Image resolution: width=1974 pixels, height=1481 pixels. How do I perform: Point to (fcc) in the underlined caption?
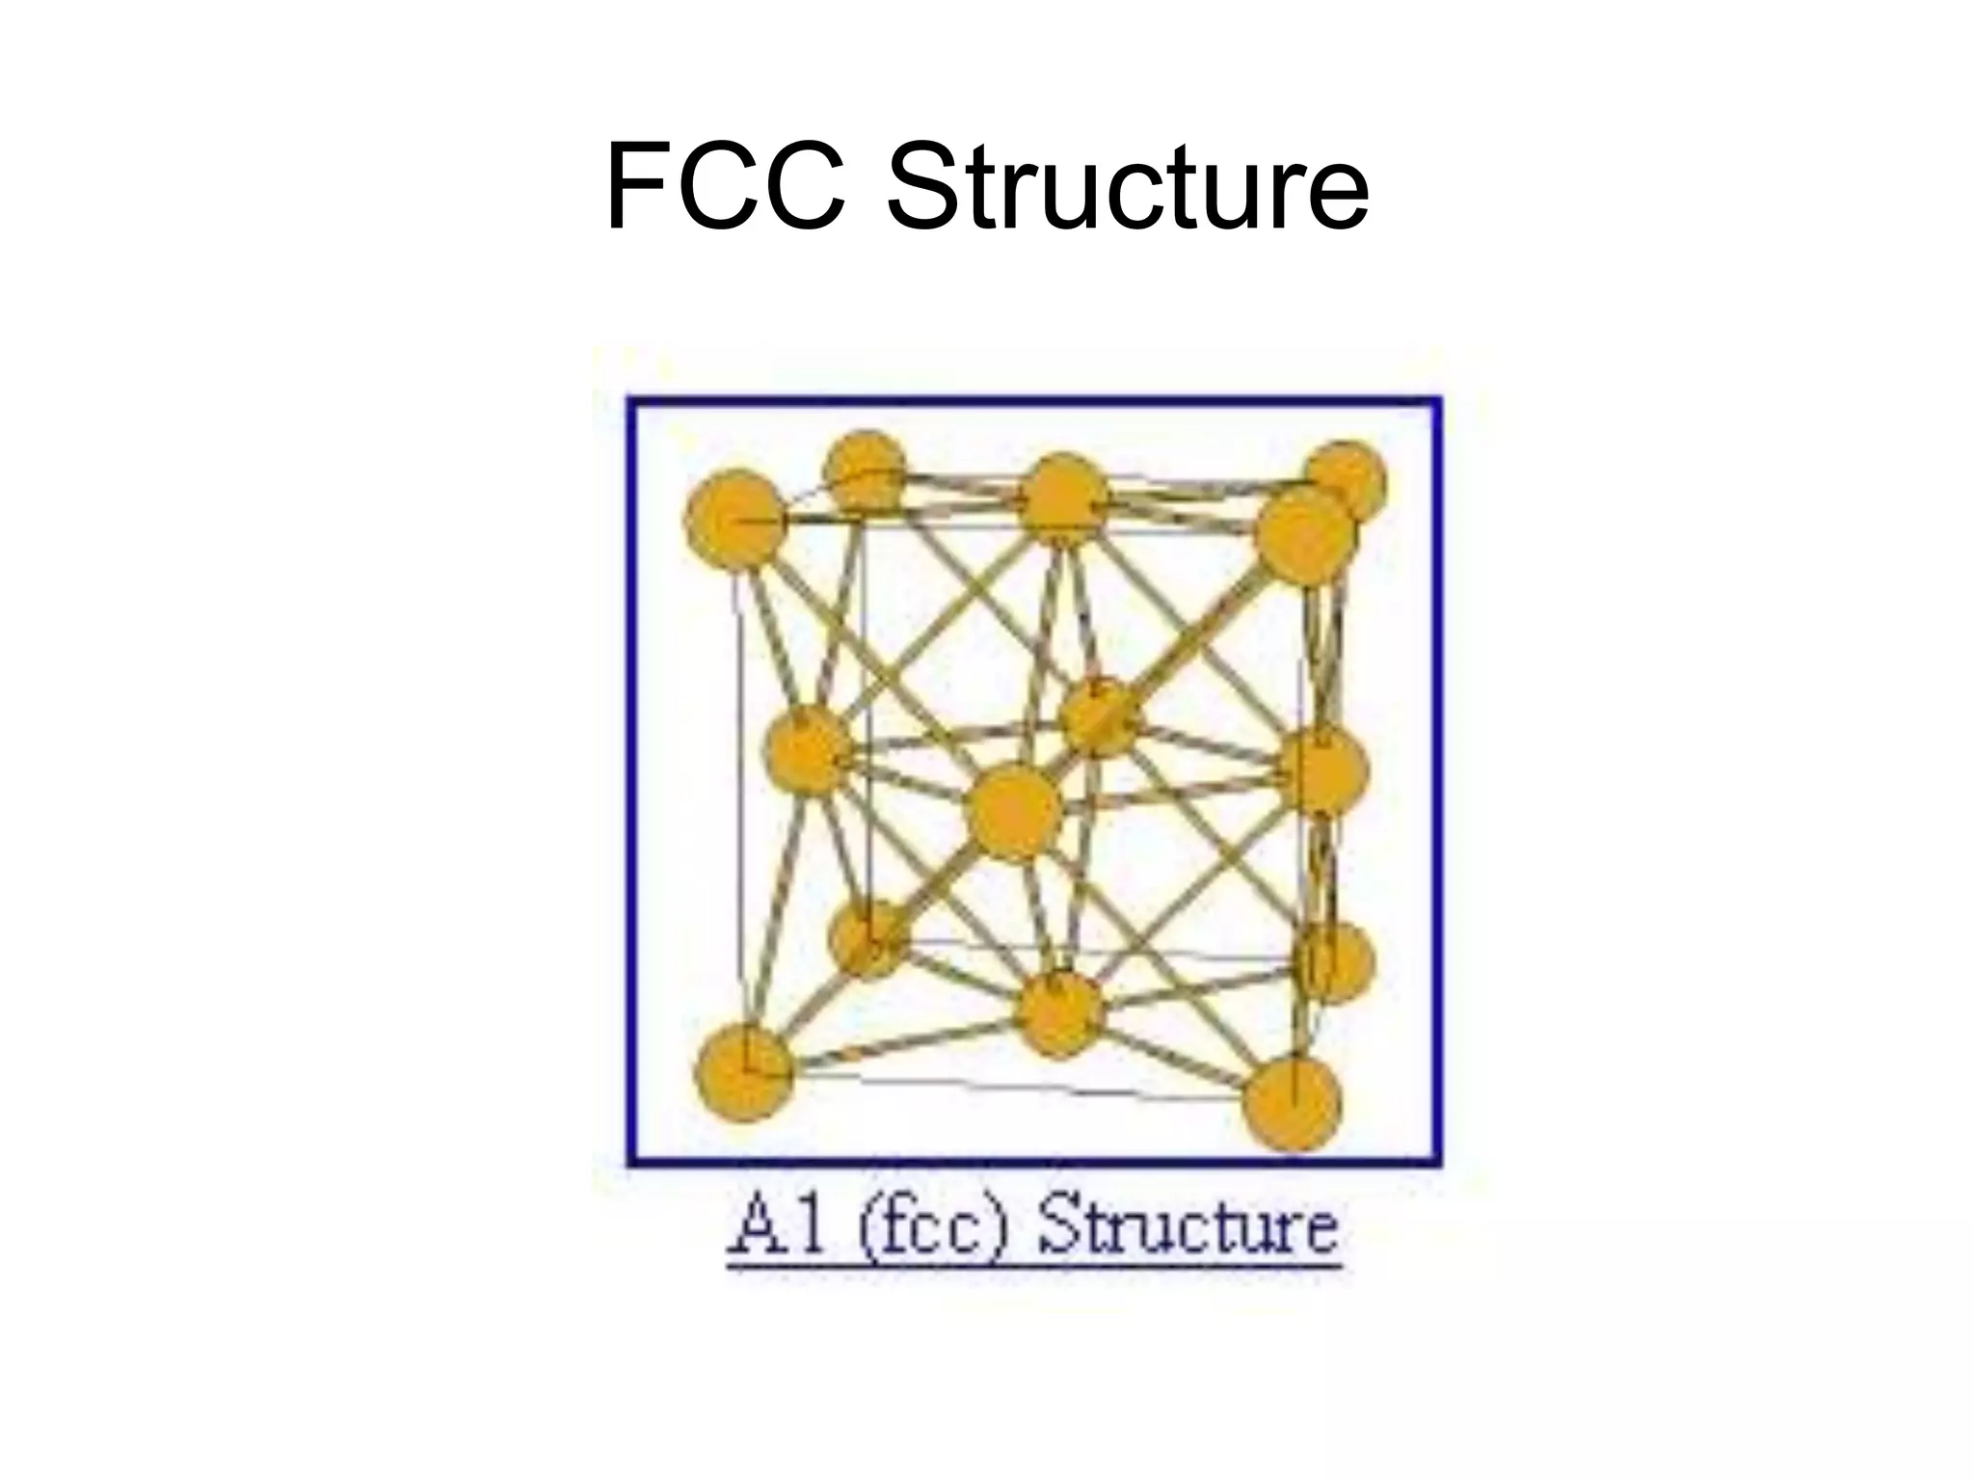930,1228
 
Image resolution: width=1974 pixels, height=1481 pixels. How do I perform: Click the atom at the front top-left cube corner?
734,519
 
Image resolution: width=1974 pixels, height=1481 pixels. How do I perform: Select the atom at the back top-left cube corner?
865,471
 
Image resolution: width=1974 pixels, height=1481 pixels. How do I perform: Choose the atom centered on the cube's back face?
1098,715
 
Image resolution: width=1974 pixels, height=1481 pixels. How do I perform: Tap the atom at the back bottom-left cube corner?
868,939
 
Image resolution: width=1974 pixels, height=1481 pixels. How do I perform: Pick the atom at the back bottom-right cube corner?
1335,961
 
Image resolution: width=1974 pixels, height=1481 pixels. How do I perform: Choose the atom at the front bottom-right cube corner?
1293,1103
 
